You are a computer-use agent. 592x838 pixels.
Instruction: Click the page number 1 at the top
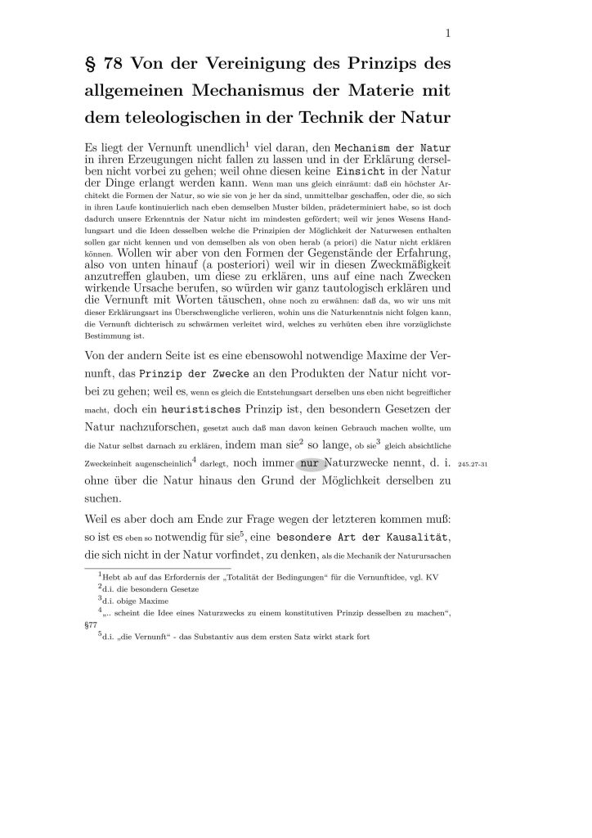coord(449,33)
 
